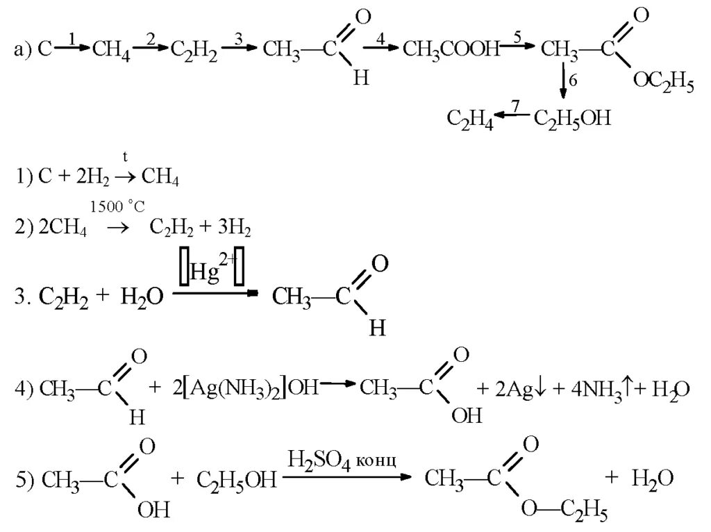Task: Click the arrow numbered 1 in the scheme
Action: click(72, 47)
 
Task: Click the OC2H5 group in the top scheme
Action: click(662, 85)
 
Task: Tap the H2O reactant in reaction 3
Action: click(142, 297)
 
